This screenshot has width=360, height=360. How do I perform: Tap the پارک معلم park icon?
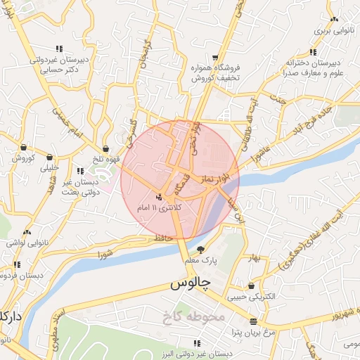tap(201, 250)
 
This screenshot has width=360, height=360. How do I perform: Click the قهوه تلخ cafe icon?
tap(105, 149)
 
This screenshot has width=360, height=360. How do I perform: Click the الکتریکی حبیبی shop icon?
tap(252, 285)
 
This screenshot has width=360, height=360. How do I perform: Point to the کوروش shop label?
tap(23, 158)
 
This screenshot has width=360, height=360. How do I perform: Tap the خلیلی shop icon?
tap(50, 156)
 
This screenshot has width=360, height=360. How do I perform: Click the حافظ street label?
tap(164, 240)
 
